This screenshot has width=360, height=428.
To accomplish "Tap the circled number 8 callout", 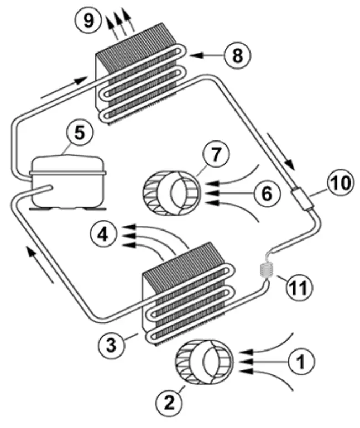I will [x=237, y=55].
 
